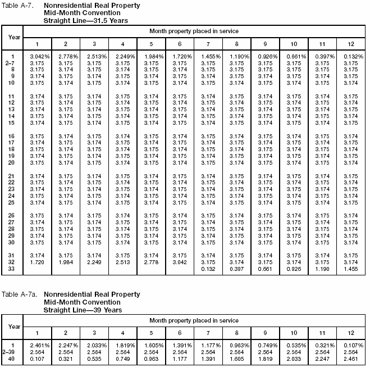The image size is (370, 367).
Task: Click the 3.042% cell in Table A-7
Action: [x=36, y=56]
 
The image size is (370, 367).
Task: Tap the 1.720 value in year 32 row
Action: [x=36, y=262]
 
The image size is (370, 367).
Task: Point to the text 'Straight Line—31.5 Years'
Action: [x=85, y=20]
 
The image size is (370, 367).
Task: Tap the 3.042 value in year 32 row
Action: [x=179, y=262]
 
